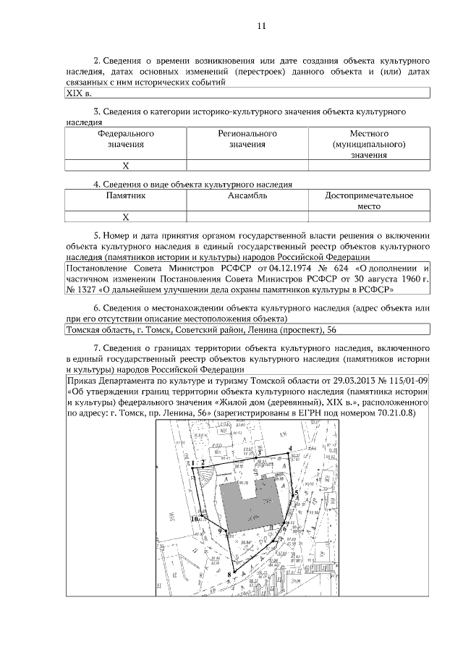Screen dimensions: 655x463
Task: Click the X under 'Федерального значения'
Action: click(125, 166)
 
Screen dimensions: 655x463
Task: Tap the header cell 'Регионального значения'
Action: click(247, 139)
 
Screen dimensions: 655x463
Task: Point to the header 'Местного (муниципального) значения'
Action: click(369, 144)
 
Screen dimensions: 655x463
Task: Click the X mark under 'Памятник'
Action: click(125, 216)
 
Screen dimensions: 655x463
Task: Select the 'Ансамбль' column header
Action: click(247, 195)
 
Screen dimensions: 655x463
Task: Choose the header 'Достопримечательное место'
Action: click(369, 200)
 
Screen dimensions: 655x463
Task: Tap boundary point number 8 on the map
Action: click(229, 576)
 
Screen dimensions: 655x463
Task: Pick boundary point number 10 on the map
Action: click(194, 518)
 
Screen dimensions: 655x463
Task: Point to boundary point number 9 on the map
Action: click(219, 532)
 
